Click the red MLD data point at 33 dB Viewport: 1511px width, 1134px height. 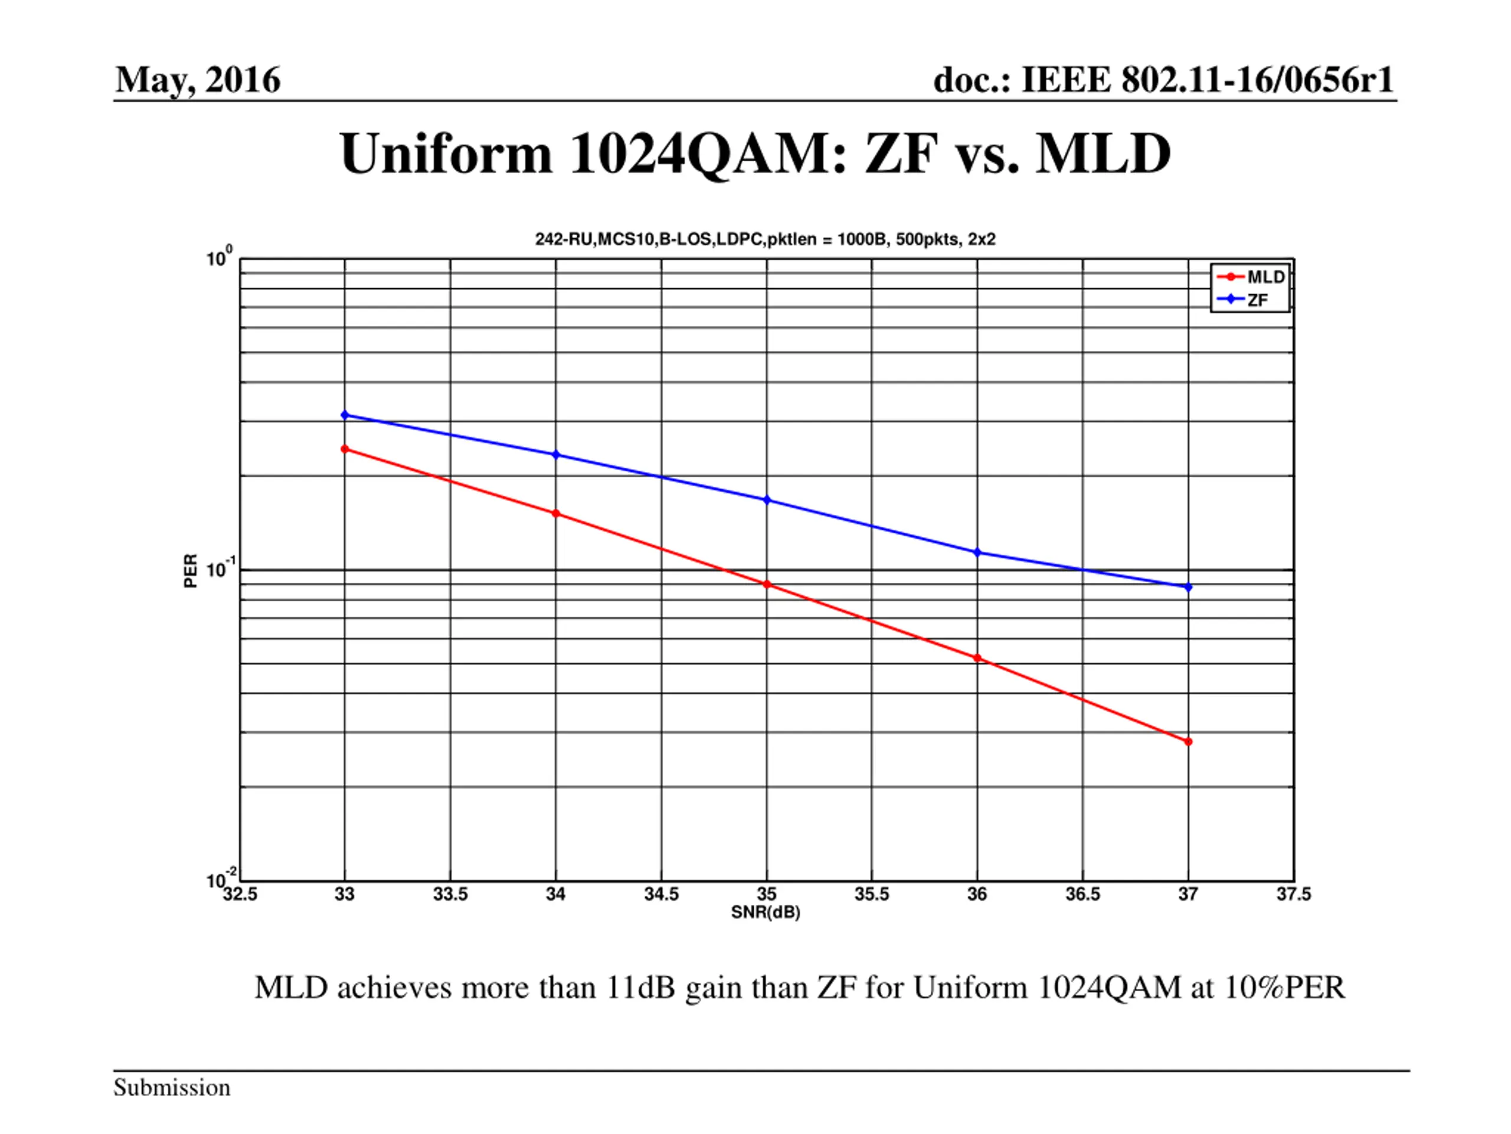pos(344,449)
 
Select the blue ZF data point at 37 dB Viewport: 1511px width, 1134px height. pos(1188,587)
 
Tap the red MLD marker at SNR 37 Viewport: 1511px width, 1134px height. pos(1188,742)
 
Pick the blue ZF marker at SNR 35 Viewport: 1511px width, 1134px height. pos(767,500)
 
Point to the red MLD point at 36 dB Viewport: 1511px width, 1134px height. pos(977,659)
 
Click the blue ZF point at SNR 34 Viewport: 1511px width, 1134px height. pos(555,455)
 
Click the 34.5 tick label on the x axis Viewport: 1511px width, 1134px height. pos(661,895)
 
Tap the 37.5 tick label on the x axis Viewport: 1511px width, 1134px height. pos(1294,895)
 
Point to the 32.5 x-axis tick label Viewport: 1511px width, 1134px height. pos(240,895)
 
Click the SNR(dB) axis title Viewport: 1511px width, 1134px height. pos(765,913)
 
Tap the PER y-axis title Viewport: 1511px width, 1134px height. pos(191,571)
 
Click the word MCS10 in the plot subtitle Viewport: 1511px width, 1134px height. pos(626,240)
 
